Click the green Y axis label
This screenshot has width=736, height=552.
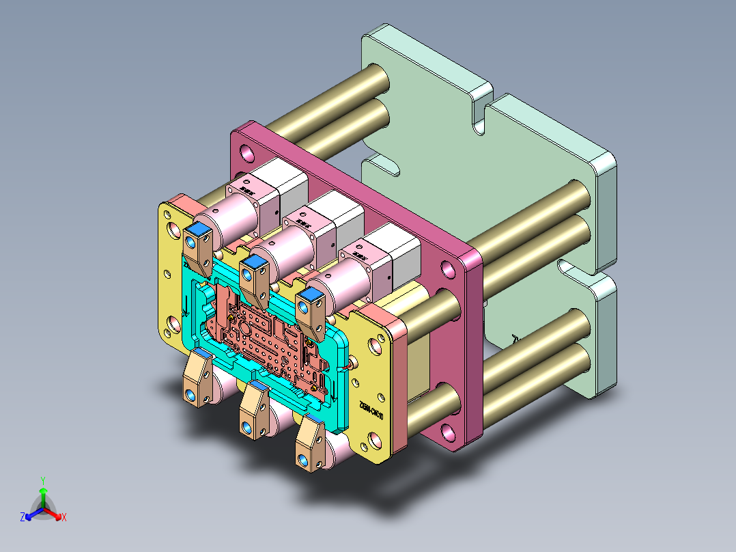coord(42,480)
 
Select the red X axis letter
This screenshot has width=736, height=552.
coord(64,518)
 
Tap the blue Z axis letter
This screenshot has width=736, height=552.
coord(23,518)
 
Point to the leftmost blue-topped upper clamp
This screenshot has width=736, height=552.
coord(199,246)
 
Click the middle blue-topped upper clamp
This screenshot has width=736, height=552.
coord(256,277)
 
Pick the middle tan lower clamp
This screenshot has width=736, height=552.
coord(254,410)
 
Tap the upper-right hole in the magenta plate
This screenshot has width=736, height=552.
coord(447,268)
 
